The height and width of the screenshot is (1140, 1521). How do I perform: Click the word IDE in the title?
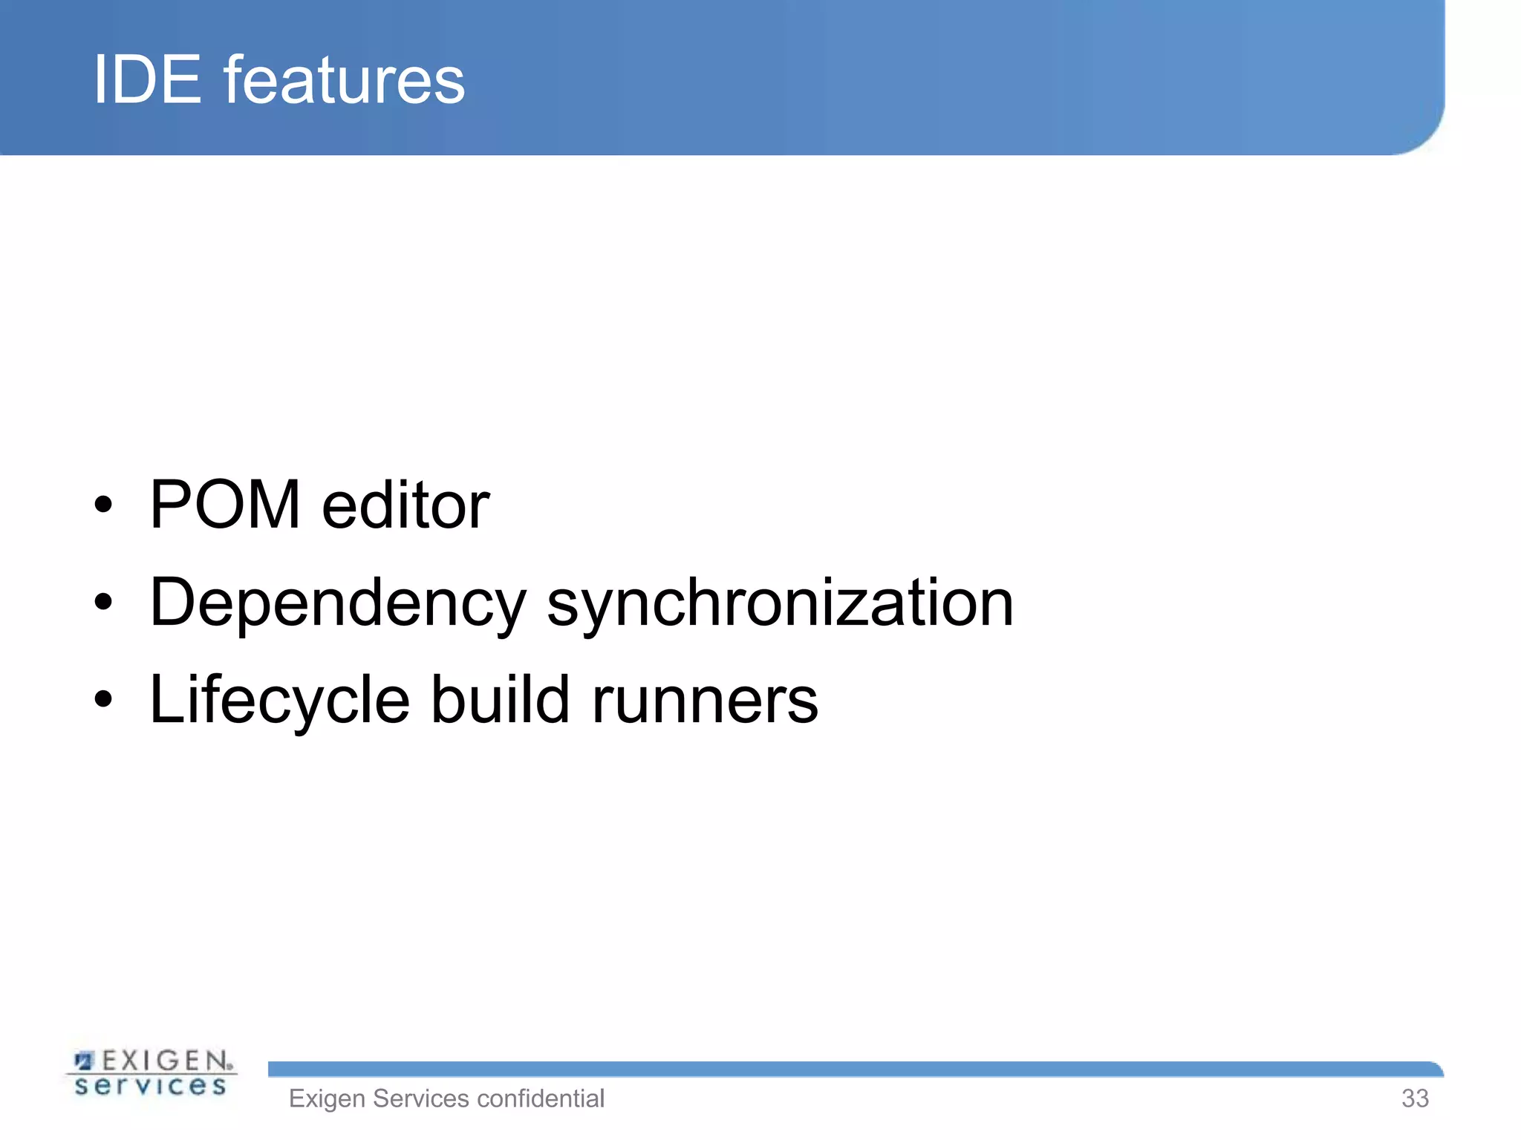click(147, 79)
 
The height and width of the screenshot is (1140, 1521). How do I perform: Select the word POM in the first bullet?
click(225, 505)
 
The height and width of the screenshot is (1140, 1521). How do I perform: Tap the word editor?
click(406, 505)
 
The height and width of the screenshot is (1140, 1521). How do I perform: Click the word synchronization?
click(780, 603)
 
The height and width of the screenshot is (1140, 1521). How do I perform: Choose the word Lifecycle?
click(279, 701)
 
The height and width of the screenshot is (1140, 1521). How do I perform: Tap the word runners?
click(705, 701)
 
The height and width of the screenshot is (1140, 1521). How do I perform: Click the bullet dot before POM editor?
click(104, 505)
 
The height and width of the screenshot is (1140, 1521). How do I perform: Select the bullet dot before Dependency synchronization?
click(104, 602)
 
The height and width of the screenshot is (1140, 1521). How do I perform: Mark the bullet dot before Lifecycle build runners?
click(104, 699)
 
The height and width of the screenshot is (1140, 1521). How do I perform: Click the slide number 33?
click(1415, 1098)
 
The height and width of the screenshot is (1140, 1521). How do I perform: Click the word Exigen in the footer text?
click(327, 1098)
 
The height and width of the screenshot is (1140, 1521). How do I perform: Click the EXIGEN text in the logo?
click(165, 1061)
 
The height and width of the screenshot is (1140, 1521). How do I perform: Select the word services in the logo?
click(151, 1087)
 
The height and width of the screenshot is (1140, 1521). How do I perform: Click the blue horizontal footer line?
click(854, 1069)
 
